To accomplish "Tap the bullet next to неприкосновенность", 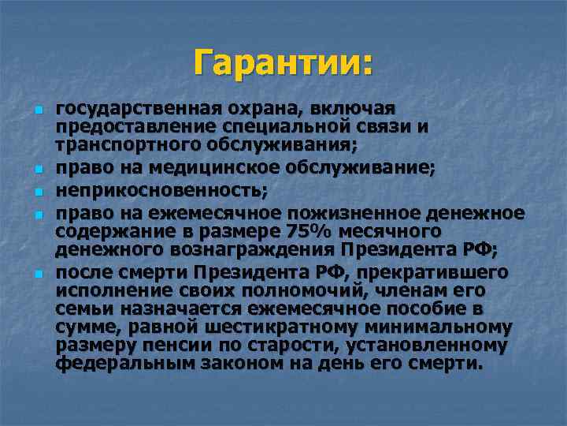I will [x=38, y=192].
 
